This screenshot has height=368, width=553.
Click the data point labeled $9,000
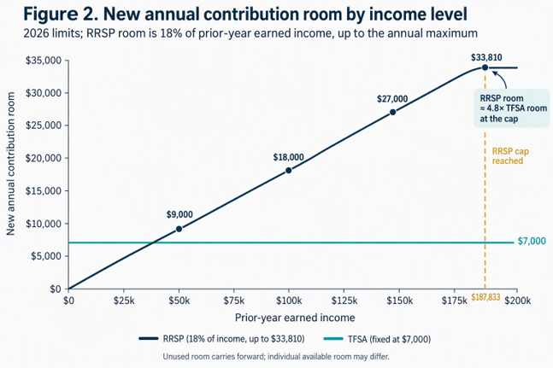tap(179, 229)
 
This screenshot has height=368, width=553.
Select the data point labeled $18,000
tap(289, 171)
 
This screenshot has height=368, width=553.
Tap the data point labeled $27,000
tap(392, 113)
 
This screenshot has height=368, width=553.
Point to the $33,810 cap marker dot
tap(485, 67)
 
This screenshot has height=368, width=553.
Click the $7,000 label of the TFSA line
tap(532, 242)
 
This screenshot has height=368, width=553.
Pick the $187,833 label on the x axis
tap(485, 298)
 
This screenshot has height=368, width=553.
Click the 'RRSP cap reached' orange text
tap(510, 156)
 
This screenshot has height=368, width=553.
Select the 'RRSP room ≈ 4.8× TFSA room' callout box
tap(512, 108)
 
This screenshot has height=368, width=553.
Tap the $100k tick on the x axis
tap(289, 301)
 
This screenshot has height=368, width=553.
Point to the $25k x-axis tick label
tap(123, 301)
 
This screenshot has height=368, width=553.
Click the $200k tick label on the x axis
tap(517, 301)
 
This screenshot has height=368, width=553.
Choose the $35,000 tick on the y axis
tap(44, 61)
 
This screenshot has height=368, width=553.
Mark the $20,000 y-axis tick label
tap(44, 158)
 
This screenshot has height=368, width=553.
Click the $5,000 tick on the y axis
tap(46, 256)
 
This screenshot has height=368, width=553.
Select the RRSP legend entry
tap(221, 339)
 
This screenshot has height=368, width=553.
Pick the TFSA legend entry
tap(377, 339)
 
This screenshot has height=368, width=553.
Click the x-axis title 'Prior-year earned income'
tap(295, 318)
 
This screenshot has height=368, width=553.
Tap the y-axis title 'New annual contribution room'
tap(10, 164)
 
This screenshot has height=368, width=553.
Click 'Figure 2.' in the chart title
tap(61, 15)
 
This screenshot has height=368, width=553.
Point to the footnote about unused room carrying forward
tap(276, 357)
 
